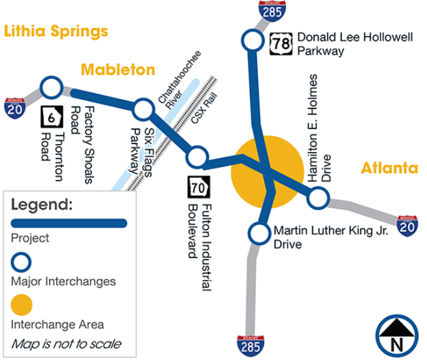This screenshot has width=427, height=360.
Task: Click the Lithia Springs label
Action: click(55, 31)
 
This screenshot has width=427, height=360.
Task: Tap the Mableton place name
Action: click(118, 70)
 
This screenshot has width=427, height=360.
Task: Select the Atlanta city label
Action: click(389, 168)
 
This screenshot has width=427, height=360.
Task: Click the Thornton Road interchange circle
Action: click(51, 87)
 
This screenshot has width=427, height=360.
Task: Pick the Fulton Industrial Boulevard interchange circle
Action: click(197, 157)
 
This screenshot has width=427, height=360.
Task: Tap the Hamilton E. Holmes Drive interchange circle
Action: click(317, 197)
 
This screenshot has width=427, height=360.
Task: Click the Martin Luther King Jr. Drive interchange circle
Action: click(260, 233)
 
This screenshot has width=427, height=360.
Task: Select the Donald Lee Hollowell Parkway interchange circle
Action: click(251, 40)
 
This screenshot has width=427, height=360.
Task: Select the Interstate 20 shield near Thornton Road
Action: click(16, 108)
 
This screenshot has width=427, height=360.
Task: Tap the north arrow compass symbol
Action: click(396, 334)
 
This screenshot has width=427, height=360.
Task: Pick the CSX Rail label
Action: click(202, 113)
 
